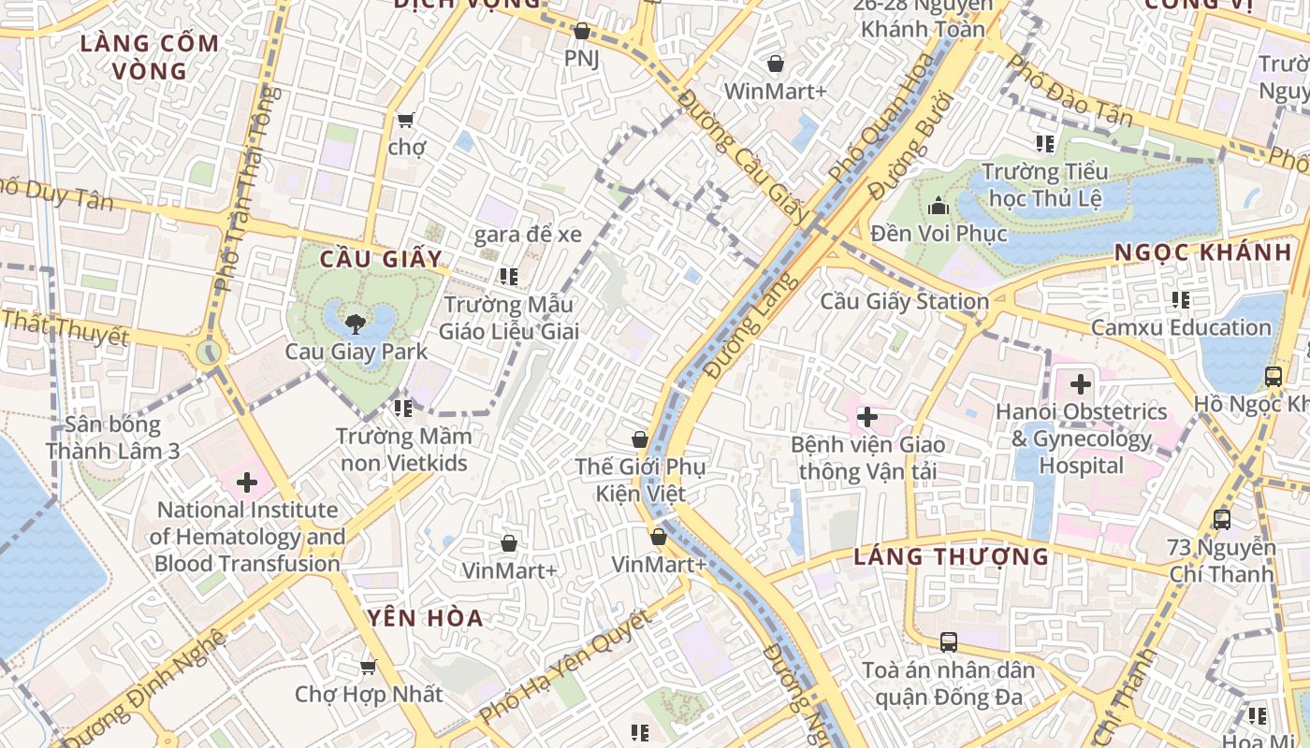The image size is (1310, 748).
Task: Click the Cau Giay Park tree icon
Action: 355,324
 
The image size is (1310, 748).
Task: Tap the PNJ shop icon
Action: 581,32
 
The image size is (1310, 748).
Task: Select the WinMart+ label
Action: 776,92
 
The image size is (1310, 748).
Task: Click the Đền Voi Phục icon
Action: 939,206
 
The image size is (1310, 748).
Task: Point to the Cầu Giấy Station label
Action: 904,301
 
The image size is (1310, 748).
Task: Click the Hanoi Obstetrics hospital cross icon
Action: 1081,383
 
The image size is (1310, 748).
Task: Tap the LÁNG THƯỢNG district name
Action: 951,557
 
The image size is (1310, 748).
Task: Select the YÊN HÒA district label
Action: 425,618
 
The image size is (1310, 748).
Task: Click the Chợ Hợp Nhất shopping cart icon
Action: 369,667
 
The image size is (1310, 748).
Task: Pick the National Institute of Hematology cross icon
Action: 247,482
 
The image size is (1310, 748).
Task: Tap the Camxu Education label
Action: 1181,327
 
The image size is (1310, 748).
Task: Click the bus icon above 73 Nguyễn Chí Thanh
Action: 1221,520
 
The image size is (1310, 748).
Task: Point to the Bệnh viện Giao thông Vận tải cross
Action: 867,417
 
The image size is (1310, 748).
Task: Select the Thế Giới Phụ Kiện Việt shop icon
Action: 640,439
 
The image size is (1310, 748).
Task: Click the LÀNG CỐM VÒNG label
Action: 150,56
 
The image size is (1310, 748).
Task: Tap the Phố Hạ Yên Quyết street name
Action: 563,668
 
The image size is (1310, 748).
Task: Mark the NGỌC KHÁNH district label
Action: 1202,252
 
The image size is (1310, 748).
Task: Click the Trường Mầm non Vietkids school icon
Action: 403,408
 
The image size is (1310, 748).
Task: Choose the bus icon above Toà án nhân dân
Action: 949,642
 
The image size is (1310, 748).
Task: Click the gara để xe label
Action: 528,235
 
